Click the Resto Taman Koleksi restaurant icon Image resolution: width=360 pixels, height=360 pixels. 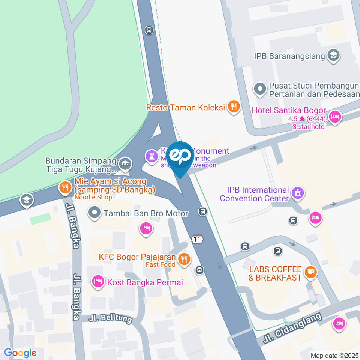pyautogui.click(x=234, y=106)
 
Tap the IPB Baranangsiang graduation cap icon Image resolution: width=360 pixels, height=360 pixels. pyautogui.click(x=333, y=55)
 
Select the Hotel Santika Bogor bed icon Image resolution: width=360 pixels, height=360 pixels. pyautogui.click(x=334, y=117)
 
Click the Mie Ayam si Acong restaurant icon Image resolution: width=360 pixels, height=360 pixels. pyautogui.click(x=65, y=187)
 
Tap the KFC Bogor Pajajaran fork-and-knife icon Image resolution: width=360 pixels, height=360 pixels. pyautogui.click(x=184, y=259)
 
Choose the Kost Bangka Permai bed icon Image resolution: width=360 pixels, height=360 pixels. pyautogui.click(x=98, y=281)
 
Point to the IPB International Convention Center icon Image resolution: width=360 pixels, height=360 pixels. pyautogui.click(x=298, y=193)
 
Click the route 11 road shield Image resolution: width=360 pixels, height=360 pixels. pyautogui.click(x=197, y=239)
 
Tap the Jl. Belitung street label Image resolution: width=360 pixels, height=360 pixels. pyautogui.click(x=111, y=319)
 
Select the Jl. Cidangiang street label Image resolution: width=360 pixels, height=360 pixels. pyautogui.click(x=292, y=328)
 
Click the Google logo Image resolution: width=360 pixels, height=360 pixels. pyautogui.click(x=20, y=353)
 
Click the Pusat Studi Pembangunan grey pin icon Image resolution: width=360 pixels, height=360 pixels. pyautogui.click(x=259, y=89)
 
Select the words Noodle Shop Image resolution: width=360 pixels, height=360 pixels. pyautogui.click(x=93, y=197)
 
